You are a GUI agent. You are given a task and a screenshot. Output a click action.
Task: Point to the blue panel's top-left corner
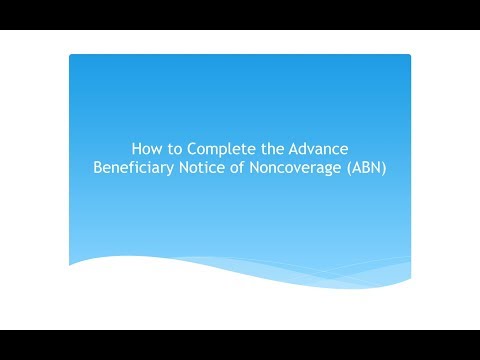71,56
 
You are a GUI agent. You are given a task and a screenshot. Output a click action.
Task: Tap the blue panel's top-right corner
409,56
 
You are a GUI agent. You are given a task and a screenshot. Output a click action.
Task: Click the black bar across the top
240,14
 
